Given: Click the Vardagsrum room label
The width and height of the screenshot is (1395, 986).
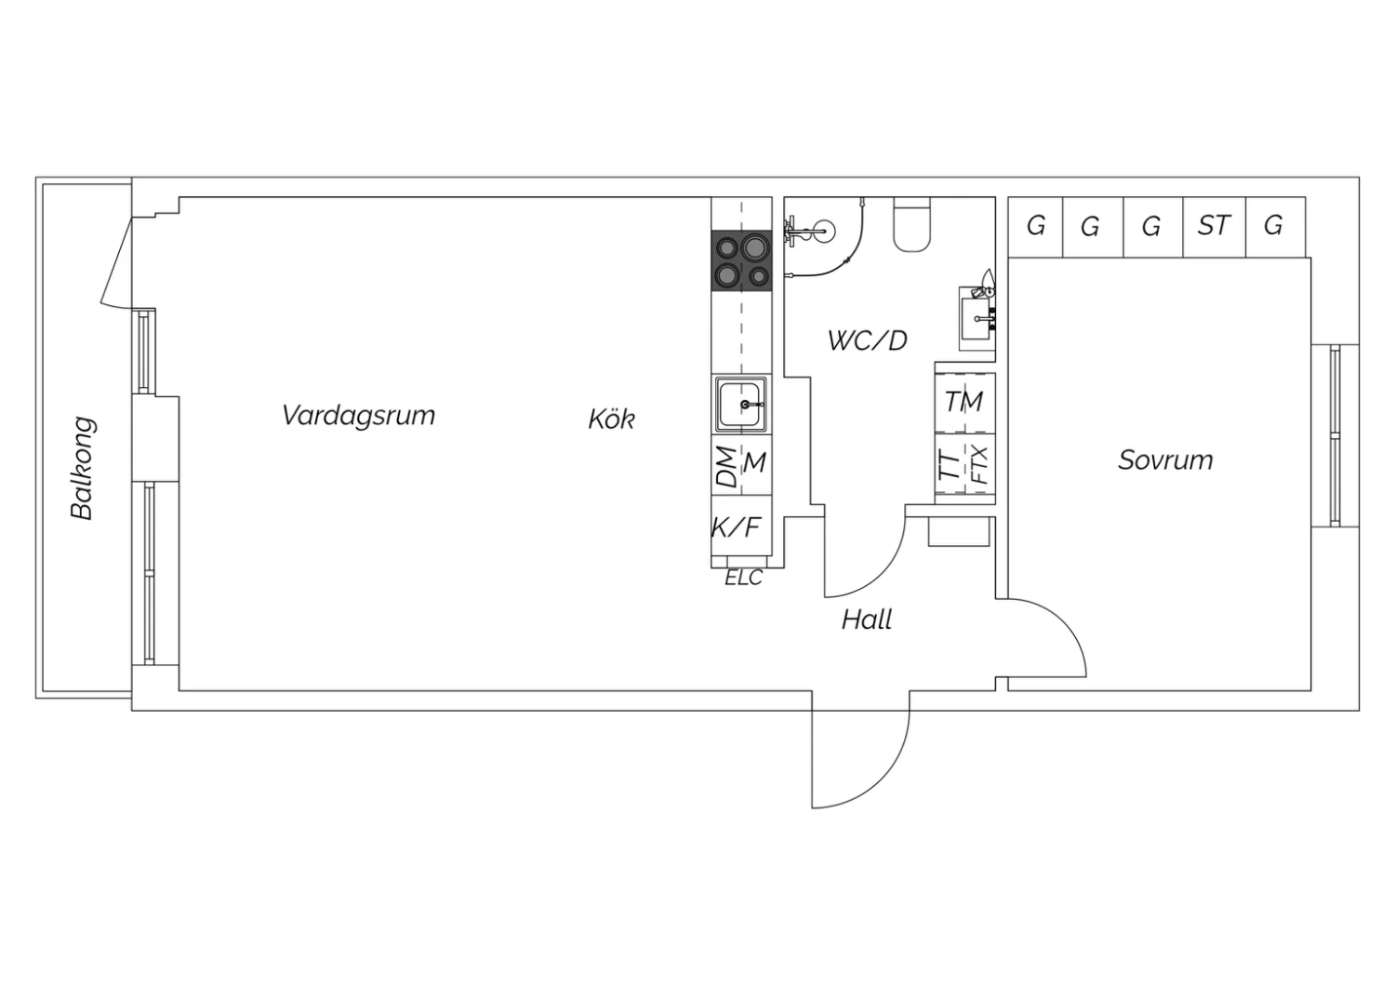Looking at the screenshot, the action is click(358, 416).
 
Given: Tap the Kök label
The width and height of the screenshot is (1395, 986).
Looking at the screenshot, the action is click(612, 419).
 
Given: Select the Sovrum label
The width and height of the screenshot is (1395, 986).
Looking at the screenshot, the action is click(1165, 460).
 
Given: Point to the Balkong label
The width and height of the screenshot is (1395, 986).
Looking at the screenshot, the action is click(82, 468).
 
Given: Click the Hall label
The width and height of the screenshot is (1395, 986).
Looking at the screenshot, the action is click(866, 620).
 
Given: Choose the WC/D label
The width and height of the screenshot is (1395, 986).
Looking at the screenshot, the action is click(867, 340).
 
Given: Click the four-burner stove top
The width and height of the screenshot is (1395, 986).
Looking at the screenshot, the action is click(742, 260).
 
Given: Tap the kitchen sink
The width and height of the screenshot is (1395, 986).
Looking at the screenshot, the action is click(740, 405).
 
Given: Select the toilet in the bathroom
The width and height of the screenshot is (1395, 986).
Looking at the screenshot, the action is click(911, 224).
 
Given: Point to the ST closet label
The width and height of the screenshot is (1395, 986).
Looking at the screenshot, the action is click(1214, 225).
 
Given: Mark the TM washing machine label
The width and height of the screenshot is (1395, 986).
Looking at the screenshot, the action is click(964, 402).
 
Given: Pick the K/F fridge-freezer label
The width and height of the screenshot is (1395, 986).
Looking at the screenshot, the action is click(737, 527).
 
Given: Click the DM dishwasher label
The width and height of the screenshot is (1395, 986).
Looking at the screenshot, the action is click(726, 467).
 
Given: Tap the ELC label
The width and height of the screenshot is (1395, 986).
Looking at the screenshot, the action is click(744, 578).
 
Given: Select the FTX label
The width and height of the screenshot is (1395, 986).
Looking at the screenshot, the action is click(979, 465).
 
